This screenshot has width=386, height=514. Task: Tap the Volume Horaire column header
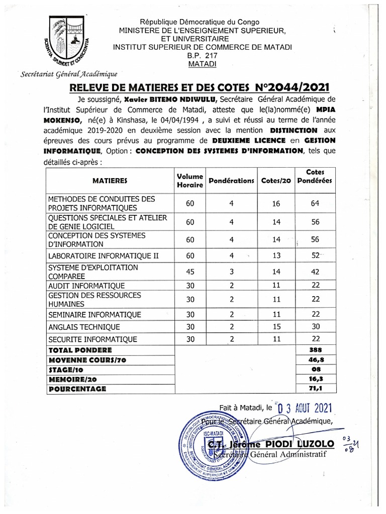[x=189, y=181]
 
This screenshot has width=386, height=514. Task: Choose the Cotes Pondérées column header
[x=315, y=176]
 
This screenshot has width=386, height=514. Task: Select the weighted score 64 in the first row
[x=315, y=203]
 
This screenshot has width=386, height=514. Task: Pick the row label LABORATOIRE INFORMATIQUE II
[x=103, y=255]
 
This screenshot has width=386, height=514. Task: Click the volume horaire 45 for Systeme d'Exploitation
[x=189, y=272]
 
